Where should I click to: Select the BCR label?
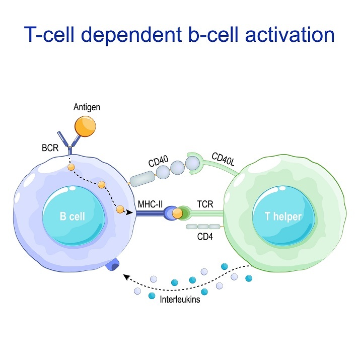point(51,149)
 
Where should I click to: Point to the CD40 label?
point(159,162)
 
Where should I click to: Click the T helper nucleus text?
point(283,217)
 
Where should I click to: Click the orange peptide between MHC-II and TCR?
point(177,213)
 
